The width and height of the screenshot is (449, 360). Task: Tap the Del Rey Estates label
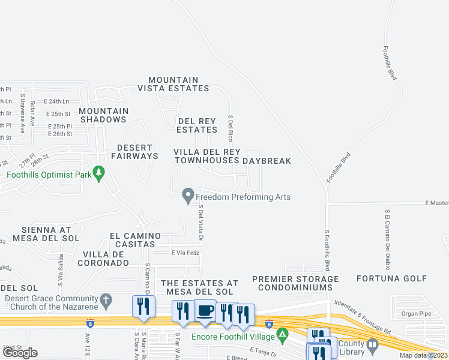[x=197, y=125]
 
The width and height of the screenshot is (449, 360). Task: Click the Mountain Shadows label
[x=103, y=115]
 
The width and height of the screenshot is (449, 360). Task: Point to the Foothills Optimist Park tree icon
[x=99, y=175]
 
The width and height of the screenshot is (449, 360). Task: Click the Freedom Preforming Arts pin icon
[x=188, y=196]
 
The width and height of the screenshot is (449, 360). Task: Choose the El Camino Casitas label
[x=140, y=240]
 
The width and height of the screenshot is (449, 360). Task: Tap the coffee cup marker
[x=206, y=310]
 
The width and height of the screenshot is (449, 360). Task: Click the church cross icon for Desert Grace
[x=106, y=299]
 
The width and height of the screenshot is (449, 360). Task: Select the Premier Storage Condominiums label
[x=295, y=283]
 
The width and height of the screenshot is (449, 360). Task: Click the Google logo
[x=20, y=353]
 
